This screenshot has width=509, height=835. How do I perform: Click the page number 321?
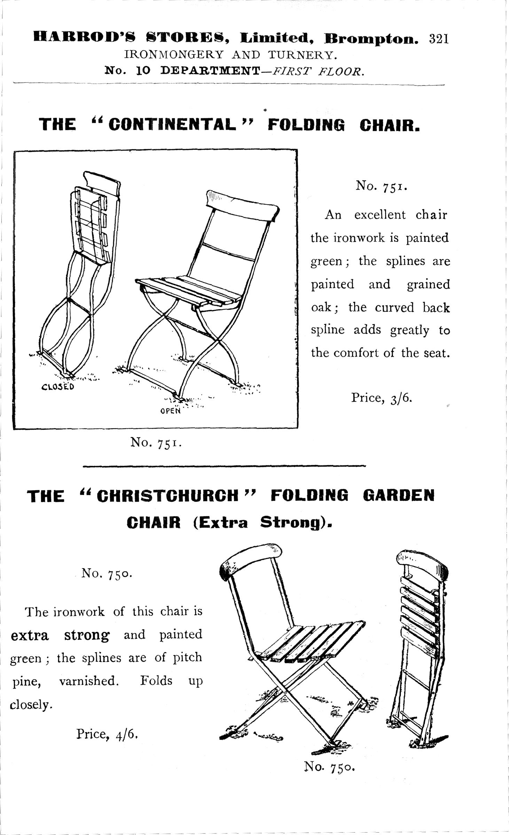[x=440, y=39]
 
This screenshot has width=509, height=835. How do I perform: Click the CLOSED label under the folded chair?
[x=57, y=387]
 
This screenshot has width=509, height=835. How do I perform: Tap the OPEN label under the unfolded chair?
[x=171, y=411]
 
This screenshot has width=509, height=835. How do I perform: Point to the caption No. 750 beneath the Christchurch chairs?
[x=329, y=767]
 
